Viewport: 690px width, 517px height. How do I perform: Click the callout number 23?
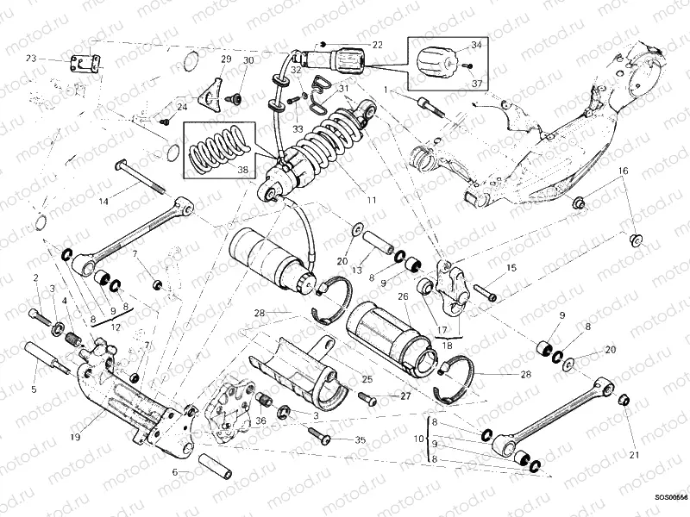coord(31,59)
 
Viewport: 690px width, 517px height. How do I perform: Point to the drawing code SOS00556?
coord(671,497)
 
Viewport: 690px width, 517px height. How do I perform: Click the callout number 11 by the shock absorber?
coord(371,200)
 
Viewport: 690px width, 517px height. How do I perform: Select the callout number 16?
coord(622,171)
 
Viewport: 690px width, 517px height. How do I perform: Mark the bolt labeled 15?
coord(485,294)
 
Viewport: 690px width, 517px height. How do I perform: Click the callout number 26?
coord(402,296)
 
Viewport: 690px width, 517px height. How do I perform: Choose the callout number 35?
coord(360,439)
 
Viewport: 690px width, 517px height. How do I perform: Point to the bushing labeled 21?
coord(624,400)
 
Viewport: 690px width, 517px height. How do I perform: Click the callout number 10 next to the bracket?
coord(419,439)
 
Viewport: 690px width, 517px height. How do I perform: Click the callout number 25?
coord(367,379)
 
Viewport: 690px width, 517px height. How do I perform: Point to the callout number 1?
coord(399,89)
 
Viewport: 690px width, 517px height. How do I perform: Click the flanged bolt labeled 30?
coord(232,99)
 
